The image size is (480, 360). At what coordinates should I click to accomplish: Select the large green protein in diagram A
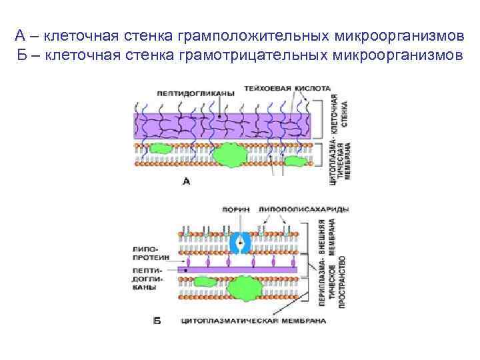[231, 155]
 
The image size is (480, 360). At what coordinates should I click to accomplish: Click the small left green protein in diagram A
[159, 148]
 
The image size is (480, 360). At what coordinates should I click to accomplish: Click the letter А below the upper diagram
[186, 181]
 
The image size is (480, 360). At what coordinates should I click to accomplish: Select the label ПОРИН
[237, 209]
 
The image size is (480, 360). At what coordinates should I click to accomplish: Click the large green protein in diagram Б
[244, 287]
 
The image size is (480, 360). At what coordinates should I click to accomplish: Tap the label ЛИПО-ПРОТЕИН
[151, 252]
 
